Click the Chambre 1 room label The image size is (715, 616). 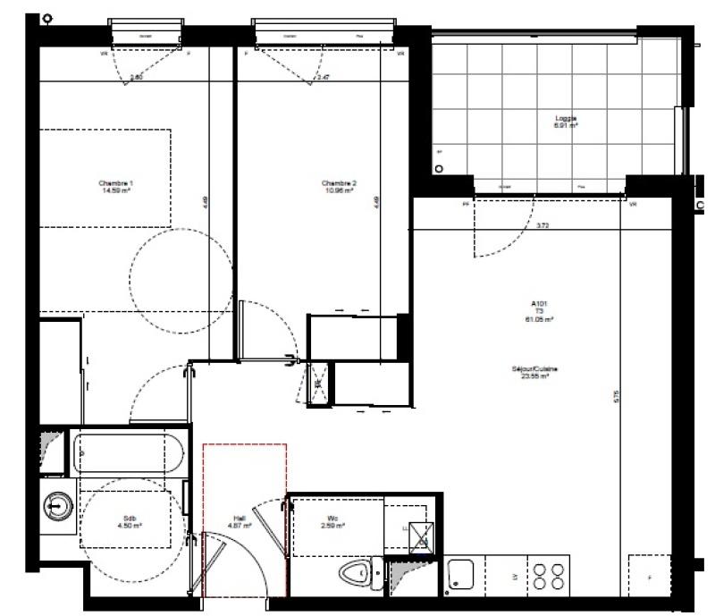click(122, 187)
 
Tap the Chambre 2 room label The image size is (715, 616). click(339, 187)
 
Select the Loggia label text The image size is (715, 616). click(566, 122)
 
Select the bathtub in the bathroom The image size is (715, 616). click(130, 453)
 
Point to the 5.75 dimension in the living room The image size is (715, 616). click(615, 395)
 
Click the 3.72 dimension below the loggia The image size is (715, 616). click(543, 226)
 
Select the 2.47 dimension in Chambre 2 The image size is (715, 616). click(324, 79)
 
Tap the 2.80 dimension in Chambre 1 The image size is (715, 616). click(137, 79)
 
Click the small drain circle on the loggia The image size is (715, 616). click(438, 168)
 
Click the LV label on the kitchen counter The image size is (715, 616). click(514, 578)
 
